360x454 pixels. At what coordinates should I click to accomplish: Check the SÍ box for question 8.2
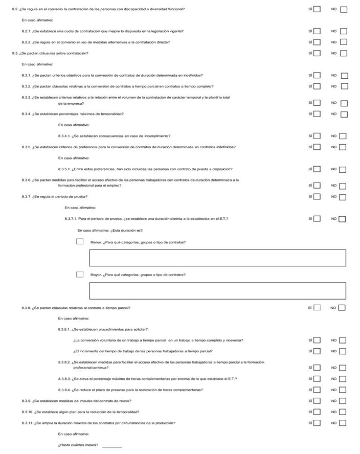pyautogui.click(x=317, y=9)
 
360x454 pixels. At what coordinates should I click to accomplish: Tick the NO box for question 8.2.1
pyautogui.click(x=343, y=31)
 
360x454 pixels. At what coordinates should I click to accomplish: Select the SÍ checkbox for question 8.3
pyautogui.click(x=317, y=53)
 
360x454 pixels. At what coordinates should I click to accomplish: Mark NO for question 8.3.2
pyautogui.click(x=344, y=86)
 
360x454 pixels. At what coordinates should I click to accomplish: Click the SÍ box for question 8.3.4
pyautogui.click(x=317, y=113)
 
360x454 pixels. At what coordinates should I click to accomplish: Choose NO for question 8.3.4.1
pyautogui.click(x=343, y=136)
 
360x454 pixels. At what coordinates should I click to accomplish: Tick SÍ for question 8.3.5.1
pyautogui.click(x=317, y=169)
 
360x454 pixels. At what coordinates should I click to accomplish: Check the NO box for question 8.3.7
pyautogui.click(x=343, y=197)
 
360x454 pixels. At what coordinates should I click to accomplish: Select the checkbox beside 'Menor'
pyautogui.click(x=80, y=241)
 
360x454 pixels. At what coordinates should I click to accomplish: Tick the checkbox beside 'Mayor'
pyautogui.click(x=80, y=275)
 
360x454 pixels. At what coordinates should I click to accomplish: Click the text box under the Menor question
pyautogui.click(x=217, y=258)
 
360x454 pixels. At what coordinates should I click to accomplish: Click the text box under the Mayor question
pyautogui.click(x=217, y=291)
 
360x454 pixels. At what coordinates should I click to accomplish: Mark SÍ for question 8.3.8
pyautogui.click(x=317, y=308)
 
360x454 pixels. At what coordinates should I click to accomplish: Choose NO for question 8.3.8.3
pyautogui.click(x=343, y=379)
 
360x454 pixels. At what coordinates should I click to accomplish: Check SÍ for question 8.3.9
pyautogui.click(x=317, y=401)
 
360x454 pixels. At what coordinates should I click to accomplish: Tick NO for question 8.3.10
pyautogui.click(x=343, y=412)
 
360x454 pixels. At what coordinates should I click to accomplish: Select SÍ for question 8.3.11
pyautogui.click(x=317, y=423)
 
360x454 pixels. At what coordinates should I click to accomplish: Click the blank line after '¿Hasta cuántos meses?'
pyautogui.click(x=112, y=446)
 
